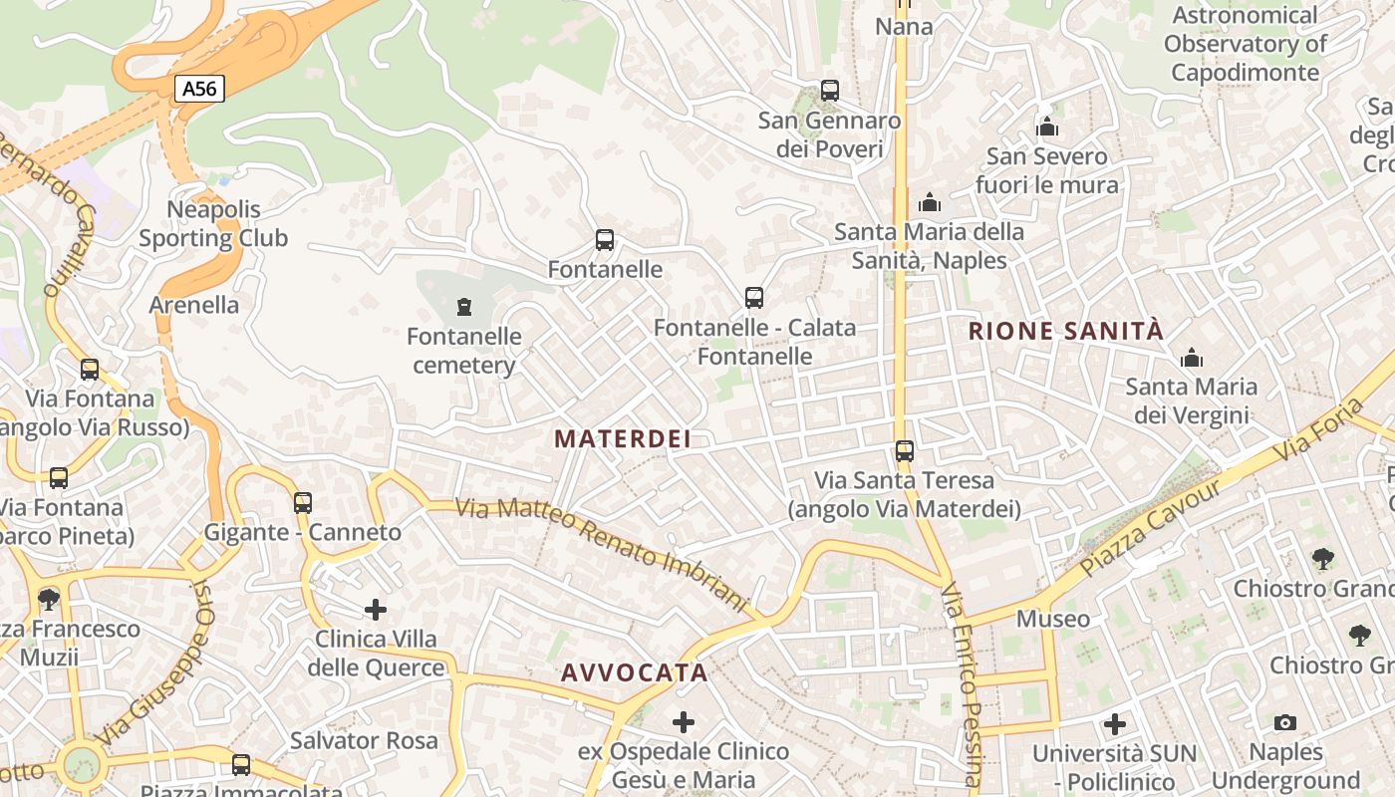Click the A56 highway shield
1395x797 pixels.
pyautogui.click(x=199, y=89)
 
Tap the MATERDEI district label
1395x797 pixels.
pyautogui.click(x=622, y=438)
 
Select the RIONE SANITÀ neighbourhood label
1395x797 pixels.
pyautogui.click(x=1066, y=332)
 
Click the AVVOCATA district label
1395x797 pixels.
pyautogui.click(x=634, y=672)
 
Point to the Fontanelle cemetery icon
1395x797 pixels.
pyautogui.click(x=463, y=306)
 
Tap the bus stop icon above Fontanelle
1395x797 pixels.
pyautogui.click(x=604, y=240)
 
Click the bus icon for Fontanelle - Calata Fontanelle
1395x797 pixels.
pyautogui.click(x=754, y=298)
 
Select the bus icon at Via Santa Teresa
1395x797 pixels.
pyautogui.click(x=904, y=451)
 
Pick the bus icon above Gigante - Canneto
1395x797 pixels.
pyautogui.click(x=303, y=503)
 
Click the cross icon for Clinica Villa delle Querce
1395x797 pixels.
pyautogui.click(x=376, y=609)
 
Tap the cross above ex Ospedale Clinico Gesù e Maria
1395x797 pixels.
pyautogui.click(x=684, y=721)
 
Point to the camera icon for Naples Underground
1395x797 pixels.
pyautogui.click(x=1285, y=722)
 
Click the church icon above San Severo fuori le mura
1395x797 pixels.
pyautogui.click(x=1047, y=128)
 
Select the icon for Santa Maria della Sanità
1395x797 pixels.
pyautogui.click(x=930, y=203)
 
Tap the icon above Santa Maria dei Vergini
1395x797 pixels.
pyautogui.click(x=1191, y=358)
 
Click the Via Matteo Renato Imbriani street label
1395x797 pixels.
pyautogui.click(x=602, y=554)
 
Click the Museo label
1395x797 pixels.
pyautogui.click(x=1053, y=619)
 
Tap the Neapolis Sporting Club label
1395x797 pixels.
pyautogui.click(x=213, y=224)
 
